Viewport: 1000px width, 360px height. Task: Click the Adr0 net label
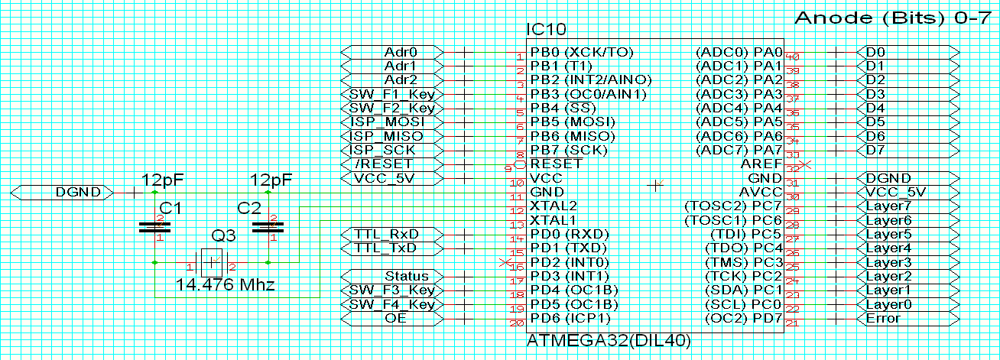click(x=391, y=52)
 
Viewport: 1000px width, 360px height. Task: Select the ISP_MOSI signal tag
click(x=391, y=122)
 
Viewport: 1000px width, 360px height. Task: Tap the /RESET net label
click(x=391, y=164)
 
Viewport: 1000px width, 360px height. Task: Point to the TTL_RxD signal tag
click(x=391, y=234)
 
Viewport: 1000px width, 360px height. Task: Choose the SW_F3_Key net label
click(x=391, y=290)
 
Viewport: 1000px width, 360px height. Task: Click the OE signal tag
click(x=391, y=318)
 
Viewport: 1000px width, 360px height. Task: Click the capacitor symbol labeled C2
click(x=268, y=226)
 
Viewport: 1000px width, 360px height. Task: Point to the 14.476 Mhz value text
click(x=225, y=286)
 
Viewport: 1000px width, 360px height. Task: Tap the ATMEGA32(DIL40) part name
click(x=609, y=340)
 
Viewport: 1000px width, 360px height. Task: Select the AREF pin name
click(x=761, y=164)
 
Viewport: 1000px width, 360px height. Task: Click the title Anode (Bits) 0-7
click(x=892, y=19)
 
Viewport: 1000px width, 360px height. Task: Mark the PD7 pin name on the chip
click(x=768, y=318)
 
